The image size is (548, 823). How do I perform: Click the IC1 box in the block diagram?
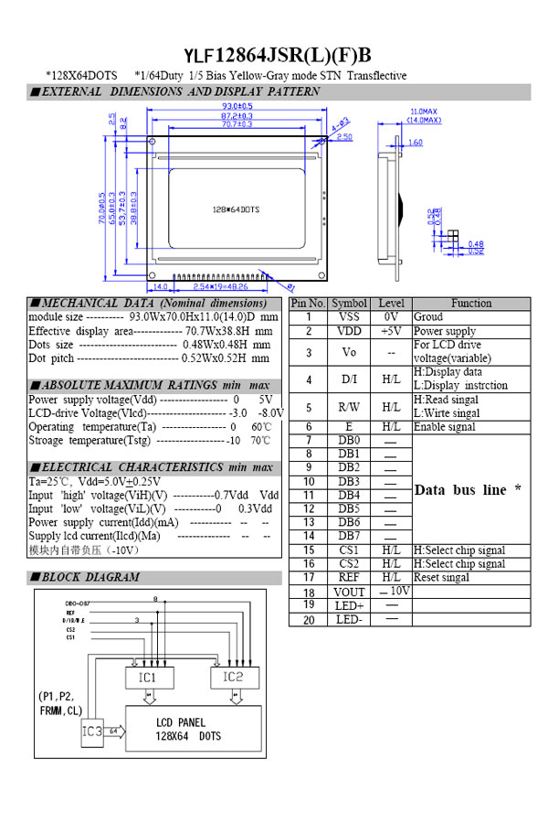[x=147, y=678]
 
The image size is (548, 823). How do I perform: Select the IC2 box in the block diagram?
[x=233, y=678]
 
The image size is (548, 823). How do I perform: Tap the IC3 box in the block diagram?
[x=92, y=732]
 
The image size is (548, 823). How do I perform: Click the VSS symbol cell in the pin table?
[x=349, y=316]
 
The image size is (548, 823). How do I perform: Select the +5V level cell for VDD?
[x=391, y=331]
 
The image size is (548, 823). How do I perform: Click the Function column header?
[x=470, y=303]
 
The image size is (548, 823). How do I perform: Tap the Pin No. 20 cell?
[x=309, y=620]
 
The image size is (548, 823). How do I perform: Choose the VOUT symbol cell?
[x=349, y=593]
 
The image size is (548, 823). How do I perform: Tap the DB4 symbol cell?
[x=349, y=495]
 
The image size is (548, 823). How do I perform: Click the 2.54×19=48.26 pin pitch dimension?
[x=218, y=287]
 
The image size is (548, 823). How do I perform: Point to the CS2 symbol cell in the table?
[x=349, y=564]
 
